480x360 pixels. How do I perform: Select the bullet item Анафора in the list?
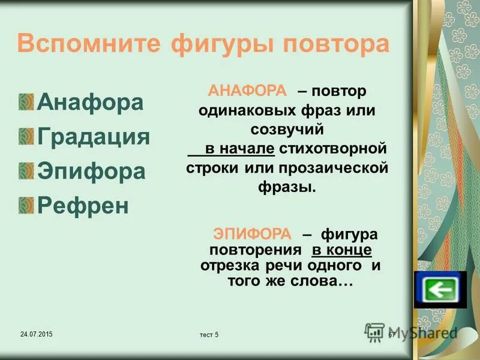(90, 102)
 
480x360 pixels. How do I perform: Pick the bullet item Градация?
(93, 137)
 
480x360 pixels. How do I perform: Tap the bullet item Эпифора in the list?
(91, 172)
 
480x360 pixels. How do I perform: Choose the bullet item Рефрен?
(83, 206)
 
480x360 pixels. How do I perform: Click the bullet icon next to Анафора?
(26, 102)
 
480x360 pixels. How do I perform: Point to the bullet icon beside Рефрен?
(26, 206)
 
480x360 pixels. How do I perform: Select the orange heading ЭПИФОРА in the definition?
(252, 234)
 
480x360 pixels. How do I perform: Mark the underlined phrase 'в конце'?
(341, 249)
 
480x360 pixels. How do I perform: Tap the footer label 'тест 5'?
(208, 335)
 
